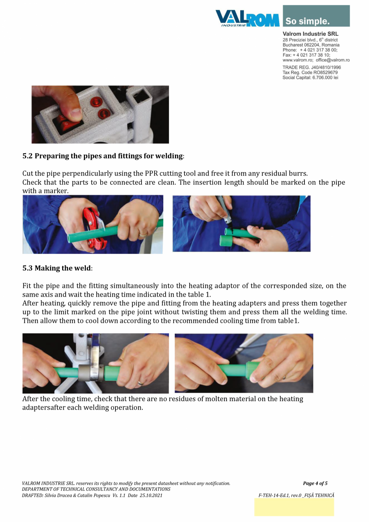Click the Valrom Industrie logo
point(247,18)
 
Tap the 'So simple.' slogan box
point(316,16)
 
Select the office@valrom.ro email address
point(333,60)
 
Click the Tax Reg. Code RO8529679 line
point(310,72)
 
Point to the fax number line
point(306,55)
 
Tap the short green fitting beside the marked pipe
point(226,241)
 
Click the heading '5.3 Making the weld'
point(57,268)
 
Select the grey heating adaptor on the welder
point(91,373)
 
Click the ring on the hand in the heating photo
point(141,383)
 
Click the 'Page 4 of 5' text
point(315,483)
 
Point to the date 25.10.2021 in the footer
point(151,495)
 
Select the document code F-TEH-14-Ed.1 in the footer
point(273,495)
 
